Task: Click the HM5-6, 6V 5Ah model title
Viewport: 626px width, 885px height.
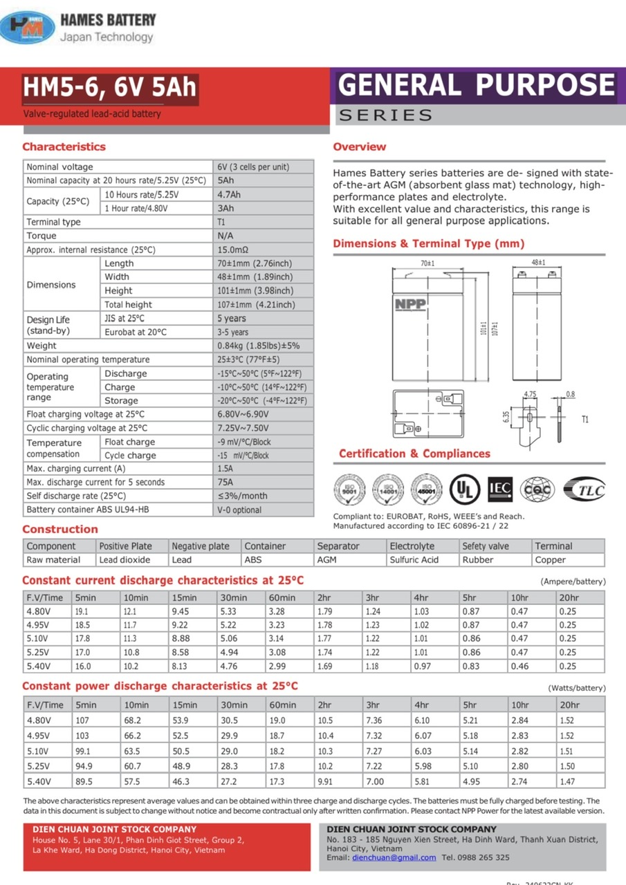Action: point(110,88)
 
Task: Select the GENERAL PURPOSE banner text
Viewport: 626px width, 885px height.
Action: point(477,85)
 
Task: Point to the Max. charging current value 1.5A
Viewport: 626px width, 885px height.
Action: point(225,469)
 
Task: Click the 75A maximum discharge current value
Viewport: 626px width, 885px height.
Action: point(225,483)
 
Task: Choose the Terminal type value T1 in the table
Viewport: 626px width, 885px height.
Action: point(221,222)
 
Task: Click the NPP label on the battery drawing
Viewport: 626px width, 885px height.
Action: point(410,304)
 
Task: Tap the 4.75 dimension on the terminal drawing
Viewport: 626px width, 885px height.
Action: point(530,394)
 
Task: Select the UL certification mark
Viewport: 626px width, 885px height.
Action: point(464,489)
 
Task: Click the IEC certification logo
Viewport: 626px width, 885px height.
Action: point(500,488)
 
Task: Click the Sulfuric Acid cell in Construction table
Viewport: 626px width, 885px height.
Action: point(414,560)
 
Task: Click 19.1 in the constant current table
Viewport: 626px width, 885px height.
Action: point(82,611)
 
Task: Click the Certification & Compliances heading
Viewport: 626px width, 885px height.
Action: point(414,454)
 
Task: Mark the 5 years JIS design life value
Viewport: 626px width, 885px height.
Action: point(232,319)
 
